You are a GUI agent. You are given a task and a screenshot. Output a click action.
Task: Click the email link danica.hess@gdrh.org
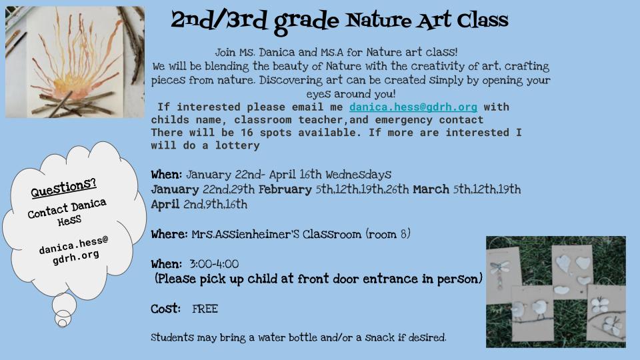pyautogui.click(x=413, y=107)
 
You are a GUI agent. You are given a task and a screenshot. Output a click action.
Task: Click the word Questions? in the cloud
pyautogui.click(x=64, y=187)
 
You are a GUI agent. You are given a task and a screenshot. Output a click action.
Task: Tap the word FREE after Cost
pyautogui.click(x=205, y=309)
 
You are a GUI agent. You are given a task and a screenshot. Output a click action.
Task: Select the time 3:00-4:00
pyautogui.click(x=214, y=264)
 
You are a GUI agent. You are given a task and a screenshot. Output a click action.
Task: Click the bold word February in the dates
pyautogui.click(x=285, y=189)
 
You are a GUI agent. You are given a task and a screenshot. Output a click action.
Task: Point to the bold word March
pyautogui.click(x=431, y=189)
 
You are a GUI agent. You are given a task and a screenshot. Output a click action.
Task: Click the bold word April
pyautogui.click(x=165, y=205)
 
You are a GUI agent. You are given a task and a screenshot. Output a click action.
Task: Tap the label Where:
pyautogui.click(x=169, y=234)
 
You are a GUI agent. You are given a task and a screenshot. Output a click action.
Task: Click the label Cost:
pyautogui.click(x=165, y=309)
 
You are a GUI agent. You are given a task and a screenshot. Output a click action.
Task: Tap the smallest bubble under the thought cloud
pyautogui.click(x=63, y=323)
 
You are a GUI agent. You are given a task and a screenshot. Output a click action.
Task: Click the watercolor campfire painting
pyautogui.click(x=75, y=62)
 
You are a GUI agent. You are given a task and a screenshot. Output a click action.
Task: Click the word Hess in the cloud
pyautogui.click(x=69, y=221)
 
